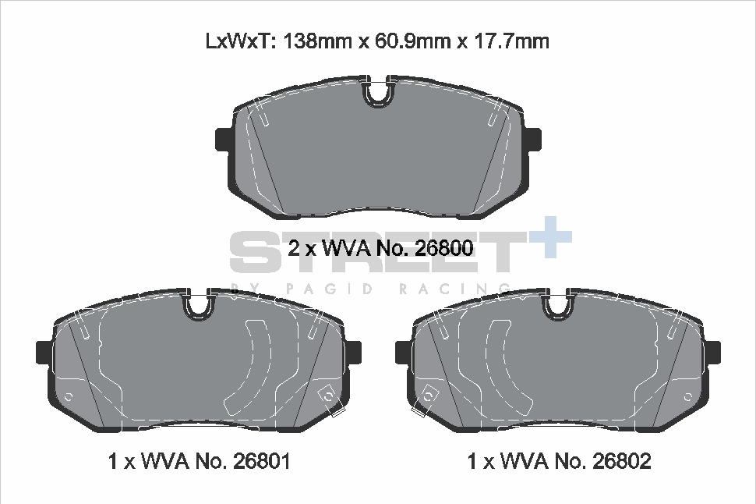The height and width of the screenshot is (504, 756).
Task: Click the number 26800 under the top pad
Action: pos(443,248)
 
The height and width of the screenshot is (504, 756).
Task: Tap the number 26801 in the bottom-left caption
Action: pos(262,461)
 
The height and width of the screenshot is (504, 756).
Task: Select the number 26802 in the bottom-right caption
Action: pos(621,461)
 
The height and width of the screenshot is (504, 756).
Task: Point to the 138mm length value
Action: pos(317,41)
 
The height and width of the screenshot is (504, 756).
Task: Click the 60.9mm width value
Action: pos(413,41)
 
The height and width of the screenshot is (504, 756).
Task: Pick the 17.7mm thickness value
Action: pos(511,41)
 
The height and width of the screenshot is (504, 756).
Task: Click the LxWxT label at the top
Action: pos(240,41)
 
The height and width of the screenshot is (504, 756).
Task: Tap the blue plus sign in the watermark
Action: pos(550,237)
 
